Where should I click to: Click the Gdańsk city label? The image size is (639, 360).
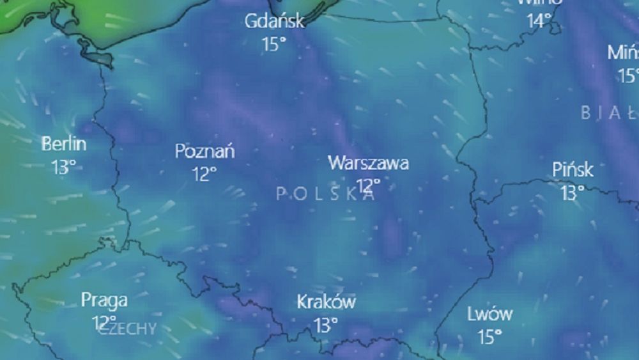click(274, 21)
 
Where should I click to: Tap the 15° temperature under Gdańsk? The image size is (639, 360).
click(273, 43)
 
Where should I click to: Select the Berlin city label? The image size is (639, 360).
click(64, 144)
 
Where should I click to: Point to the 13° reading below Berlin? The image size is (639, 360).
click(64, 167)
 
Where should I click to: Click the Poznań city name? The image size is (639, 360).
click(204, 152)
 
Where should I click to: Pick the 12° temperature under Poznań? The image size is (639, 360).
click(204, 174)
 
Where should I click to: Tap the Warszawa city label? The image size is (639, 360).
click(368, 162)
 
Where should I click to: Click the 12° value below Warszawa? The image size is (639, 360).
click(368, 185)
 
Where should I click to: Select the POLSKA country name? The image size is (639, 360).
click(326, 194)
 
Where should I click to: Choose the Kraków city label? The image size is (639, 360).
click(326, 302)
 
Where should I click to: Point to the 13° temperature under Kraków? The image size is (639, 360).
click(325, 325)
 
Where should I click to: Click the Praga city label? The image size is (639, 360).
click(104, 300)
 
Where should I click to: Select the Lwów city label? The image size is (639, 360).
click(489, 314)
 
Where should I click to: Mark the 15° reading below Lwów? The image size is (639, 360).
click(489, 336)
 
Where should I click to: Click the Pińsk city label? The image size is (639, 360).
click(573, 169)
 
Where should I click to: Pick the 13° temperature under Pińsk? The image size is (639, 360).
click(572, 192)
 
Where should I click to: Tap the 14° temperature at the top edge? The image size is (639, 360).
click(539, 20)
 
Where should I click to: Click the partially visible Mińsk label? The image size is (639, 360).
click(623, 52)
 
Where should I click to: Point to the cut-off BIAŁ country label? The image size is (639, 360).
click(609, 113)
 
